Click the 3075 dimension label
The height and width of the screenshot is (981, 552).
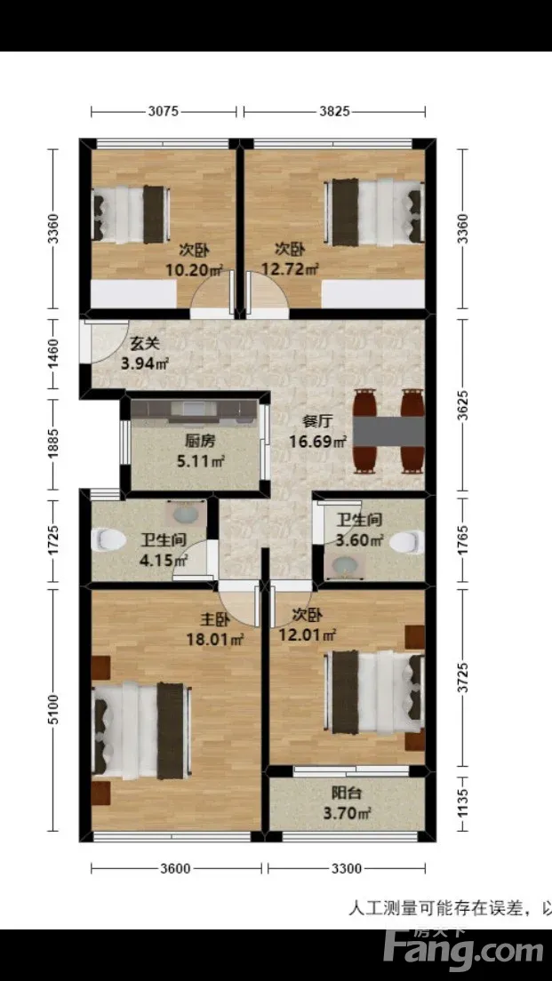pos(164,112)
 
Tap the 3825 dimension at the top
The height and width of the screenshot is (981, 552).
pos(333,112)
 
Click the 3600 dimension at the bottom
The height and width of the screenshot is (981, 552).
pos(174,868)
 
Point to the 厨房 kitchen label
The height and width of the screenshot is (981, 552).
pos(200,441)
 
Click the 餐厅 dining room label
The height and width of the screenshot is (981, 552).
pos(316,422)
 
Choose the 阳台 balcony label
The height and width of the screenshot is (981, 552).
pos(346,794)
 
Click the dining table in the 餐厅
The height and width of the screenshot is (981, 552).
pos(389,430)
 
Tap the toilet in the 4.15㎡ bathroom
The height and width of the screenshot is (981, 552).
pos(108,540)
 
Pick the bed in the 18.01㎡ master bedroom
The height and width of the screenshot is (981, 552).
pos(140,730)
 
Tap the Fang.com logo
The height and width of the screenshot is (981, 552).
pos(463,948)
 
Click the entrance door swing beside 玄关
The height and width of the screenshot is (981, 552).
pos(105,341)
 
